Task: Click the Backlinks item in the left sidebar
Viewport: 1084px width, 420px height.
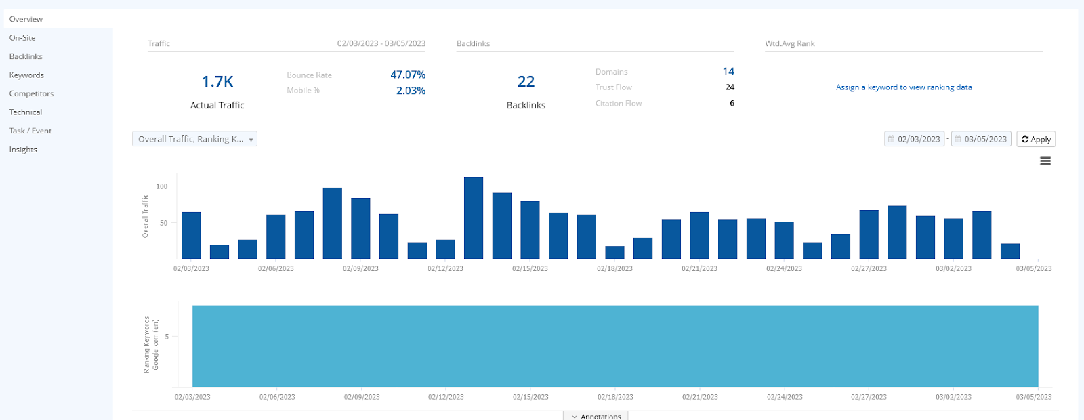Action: [26, 56]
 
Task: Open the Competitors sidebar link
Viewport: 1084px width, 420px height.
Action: [31, 93]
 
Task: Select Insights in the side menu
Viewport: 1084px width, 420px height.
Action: [23, 150]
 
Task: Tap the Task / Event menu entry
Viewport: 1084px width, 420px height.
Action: [30, 131]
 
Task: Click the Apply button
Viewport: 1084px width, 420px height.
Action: [1036, 139]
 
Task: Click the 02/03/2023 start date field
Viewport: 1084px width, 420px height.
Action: [915, 139]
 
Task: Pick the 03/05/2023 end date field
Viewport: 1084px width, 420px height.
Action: [981, 139]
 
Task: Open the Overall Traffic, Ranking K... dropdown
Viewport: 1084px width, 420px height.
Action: [194, 139]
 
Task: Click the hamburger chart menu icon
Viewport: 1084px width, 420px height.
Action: [1045, 161]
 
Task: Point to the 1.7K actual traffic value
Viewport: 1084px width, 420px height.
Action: [217, 82]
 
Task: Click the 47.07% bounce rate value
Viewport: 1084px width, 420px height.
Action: [408, 75]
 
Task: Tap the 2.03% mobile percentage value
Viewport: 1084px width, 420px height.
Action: [411, 91]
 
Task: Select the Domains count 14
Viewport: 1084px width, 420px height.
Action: [728, 72]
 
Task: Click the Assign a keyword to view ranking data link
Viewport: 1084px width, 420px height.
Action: [904, 87]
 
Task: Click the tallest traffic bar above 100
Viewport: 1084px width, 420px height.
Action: [474, 218]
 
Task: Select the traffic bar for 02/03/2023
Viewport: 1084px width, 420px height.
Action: [191, 235]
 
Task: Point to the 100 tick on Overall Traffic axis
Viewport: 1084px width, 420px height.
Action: [162, 186]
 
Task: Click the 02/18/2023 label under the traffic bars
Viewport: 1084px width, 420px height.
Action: [614, 269]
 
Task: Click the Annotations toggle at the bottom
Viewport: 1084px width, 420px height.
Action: [596, 416]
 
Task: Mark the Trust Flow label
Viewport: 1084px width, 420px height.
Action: [614, 87]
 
